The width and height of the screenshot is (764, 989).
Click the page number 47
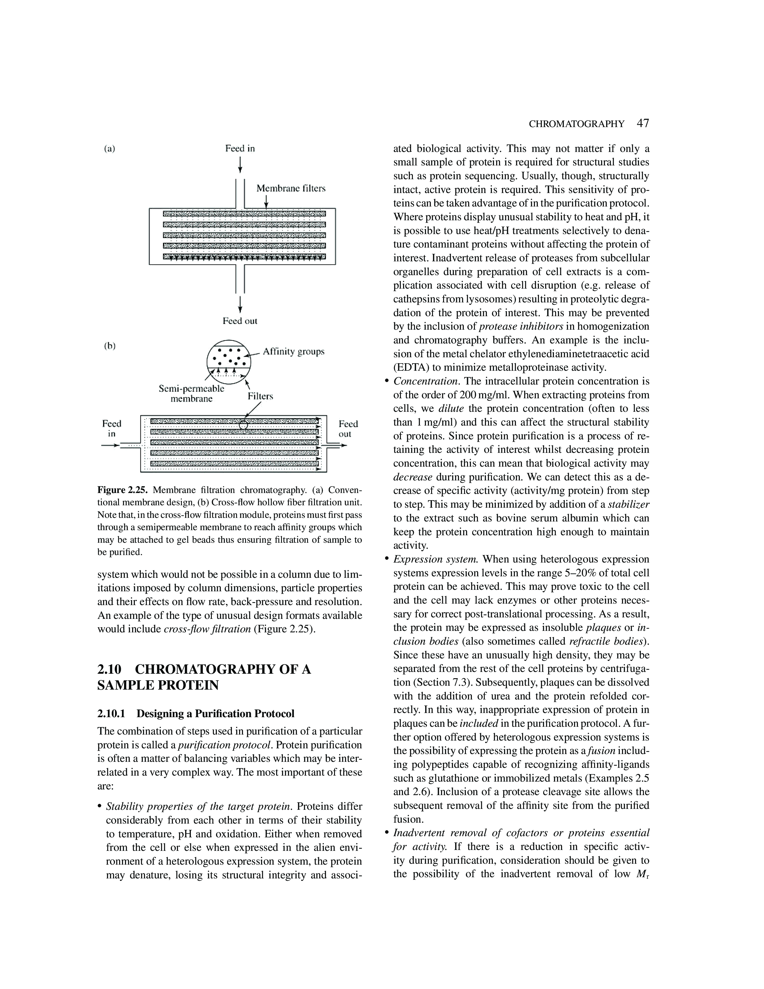[643, 123]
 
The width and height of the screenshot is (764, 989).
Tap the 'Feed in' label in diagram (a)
[240, 149]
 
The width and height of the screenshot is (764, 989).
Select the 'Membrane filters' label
[291, 189]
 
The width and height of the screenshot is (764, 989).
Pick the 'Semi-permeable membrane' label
[191, 394]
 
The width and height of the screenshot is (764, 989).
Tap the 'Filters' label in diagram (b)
[260, 396]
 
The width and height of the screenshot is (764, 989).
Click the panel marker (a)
[110, 149]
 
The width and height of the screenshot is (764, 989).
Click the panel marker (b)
[110, 346]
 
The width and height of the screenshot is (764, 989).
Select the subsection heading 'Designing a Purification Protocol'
[215, 714]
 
